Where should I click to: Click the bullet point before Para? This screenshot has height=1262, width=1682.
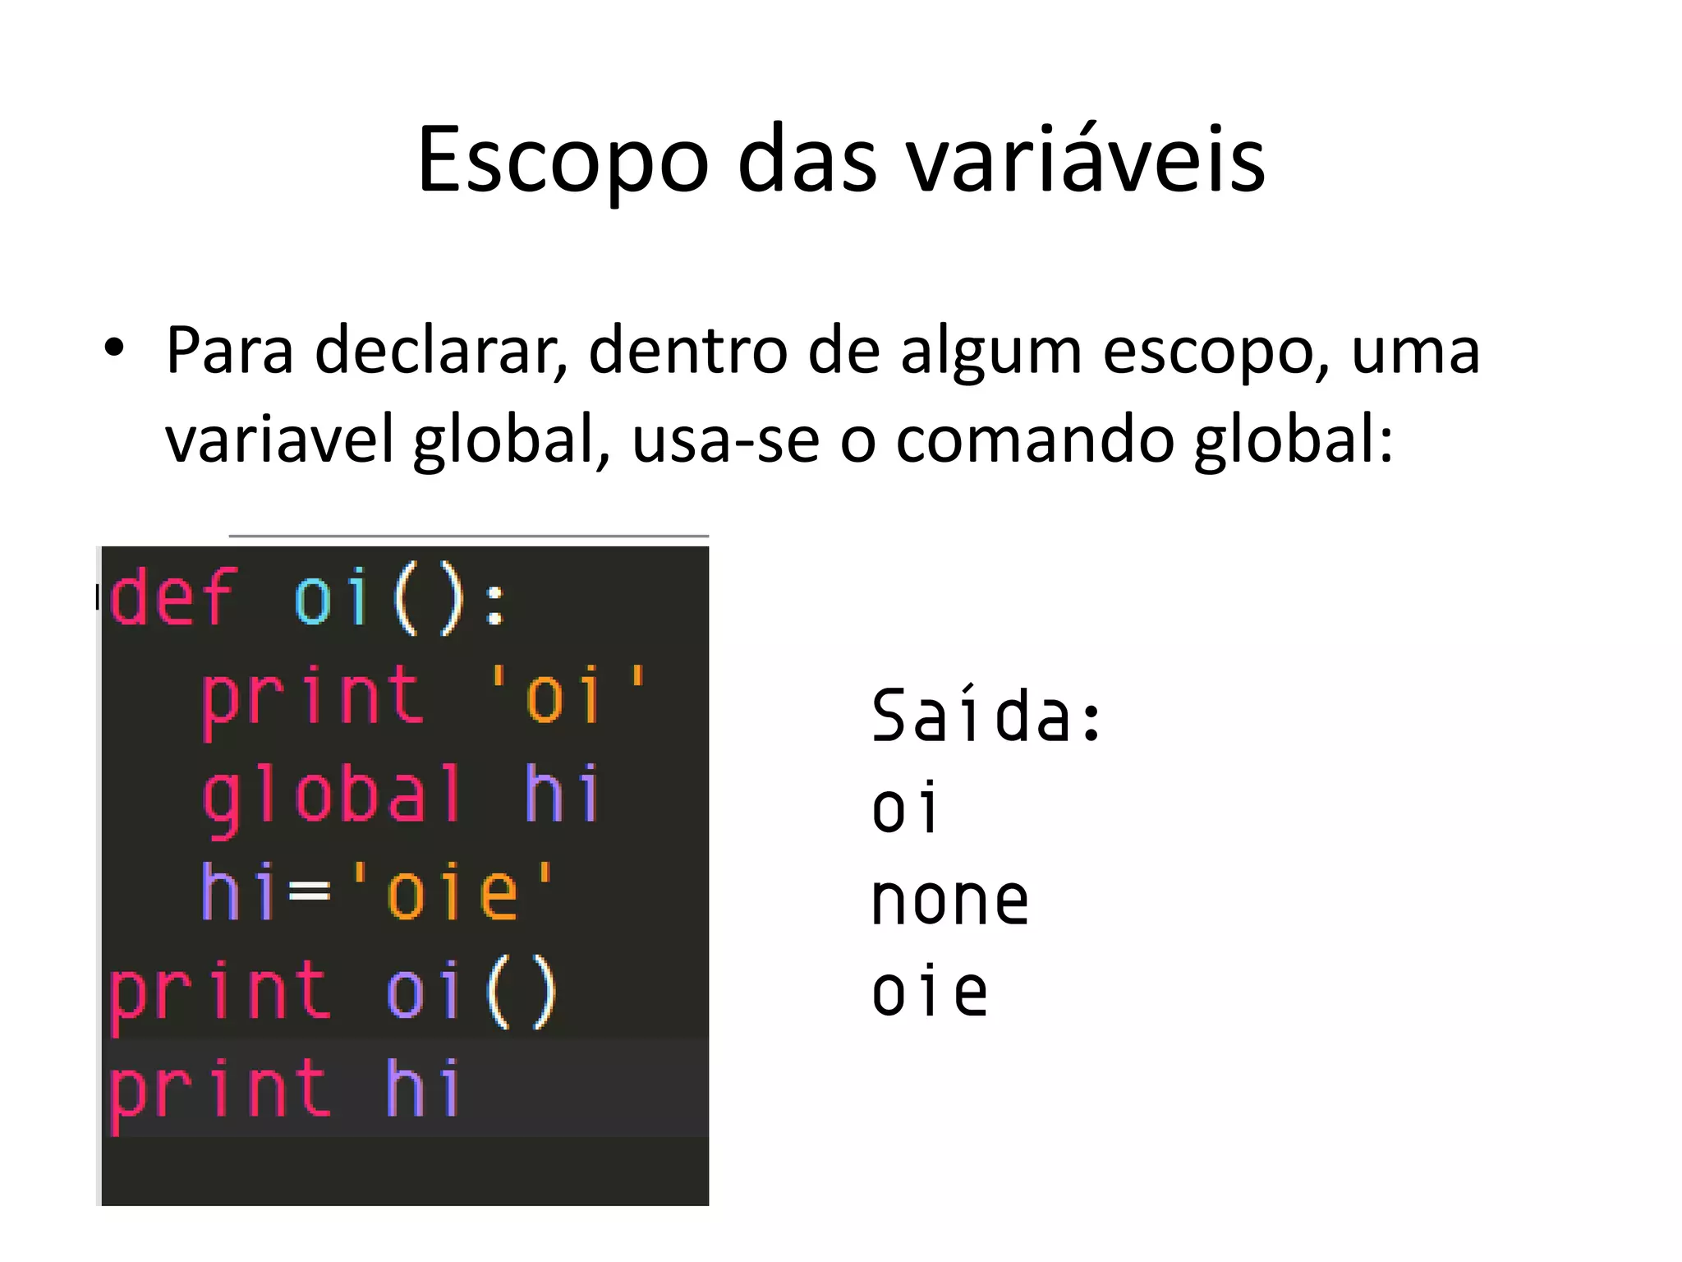click(x=114, y=348)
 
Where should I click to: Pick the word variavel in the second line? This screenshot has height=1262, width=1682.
click(x=280, y=439)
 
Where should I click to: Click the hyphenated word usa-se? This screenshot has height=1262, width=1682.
click(x=726, y=440)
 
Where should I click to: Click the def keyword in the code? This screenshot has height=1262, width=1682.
click(x=173, y=597)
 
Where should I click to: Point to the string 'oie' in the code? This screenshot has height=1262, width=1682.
click(x=453, y=891)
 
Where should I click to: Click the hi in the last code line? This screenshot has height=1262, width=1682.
click(x=422, y=1088)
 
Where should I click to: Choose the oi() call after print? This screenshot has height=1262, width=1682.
click(x=471, y=993)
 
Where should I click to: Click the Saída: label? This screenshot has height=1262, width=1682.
click(x=986, y=716)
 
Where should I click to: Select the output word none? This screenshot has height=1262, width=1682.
click(x=949, y=901)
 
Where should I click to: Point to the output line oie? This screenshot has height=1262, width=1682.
click(x=929, y=993)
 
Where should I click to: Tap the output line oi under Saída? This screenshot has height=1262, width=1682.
click(x=903, y=809)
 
